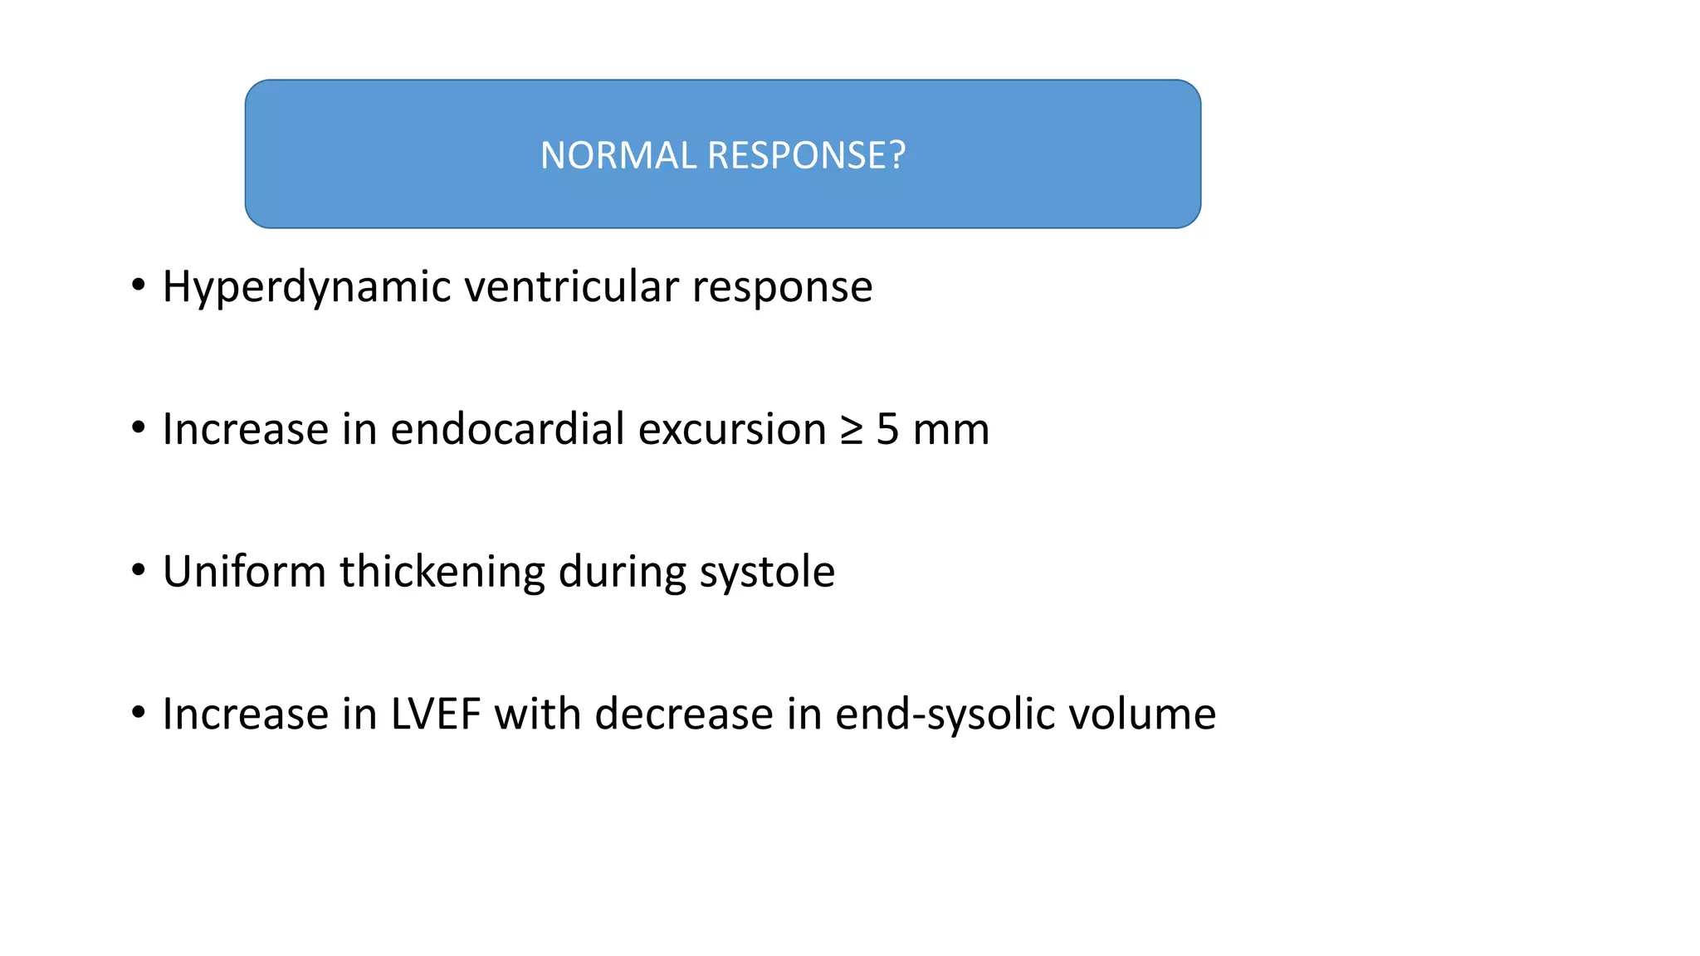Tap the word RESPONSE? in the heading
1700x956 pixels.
tap(806, 156)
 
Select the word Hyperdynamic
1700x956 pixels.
tap(306, 288)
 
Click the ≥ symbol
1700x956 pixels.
tap(852, 430)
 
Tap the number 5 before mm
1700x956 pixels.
tap(887, 430)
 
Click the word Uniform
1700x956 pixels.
tap(244, 572)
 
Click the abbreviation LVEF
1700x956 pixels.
tap(436, 715)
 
